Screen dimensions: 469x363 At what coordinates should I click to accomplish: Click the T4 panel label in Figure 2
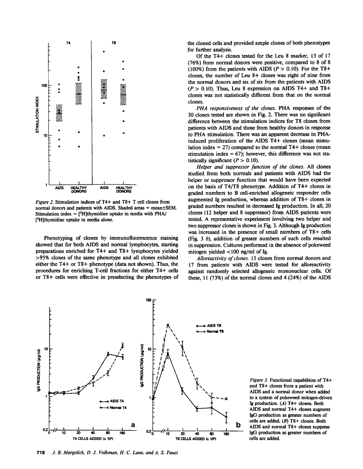[68, 43]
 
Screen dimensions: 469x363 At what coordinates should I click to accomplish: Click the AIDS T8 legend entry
[210, 325]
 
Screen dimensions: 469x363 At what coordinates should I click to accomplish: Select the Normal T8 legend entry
[210, 331]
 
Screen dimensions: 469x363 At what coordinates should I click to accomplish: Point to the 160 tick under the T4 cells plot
[122, 433]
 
